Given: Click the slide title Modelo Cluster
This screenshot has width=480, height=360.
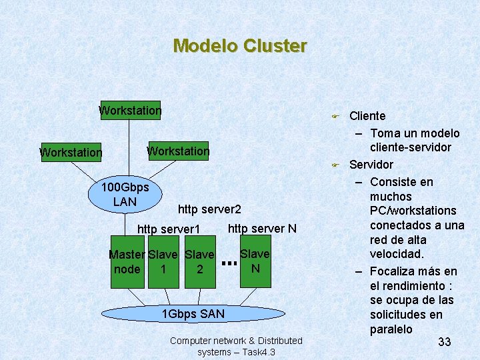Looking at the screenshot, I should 239,46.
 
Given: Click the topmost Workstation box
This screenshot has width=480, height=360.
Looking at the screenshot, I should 130,111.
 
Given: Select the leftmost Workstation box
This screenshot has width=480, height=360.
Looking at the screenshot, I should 71,153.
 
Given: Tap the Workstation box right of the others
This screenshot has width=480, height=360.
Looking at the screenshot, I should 178,151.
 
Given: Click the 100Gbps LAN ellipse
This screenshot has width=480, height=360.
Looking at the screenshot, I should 125,194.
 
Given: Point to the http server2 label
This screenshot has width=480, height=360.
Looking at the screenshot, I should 209,209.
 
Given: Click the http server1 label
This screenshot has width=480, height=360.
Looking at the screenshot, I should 169,229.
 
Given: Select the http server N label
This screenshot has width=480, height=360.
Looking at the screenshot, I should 262,229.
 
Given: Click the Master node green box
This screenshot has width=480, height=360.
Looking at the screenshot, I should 127,262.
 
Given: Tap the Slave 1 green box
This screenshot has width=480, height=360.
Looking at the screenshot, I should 163,262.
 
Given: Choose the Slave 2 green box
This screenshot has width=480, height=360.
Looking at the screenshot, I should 199,262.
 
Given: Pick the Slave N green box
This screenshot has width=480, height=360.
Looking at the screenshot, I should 255,261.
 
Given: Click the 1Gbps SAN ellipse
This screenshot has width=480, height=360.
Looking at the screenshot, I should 193,313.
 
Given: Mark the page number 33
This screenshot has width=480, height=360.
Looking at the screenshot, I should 445,342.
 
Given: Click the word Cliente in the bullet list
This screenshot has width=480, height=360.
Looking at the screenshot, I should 367,116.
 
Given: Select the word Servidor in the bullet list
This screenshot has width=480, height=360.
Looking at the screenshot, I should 371,165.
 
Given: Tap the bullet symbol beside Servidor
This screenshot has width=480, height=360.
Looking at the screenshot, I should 337,165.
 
